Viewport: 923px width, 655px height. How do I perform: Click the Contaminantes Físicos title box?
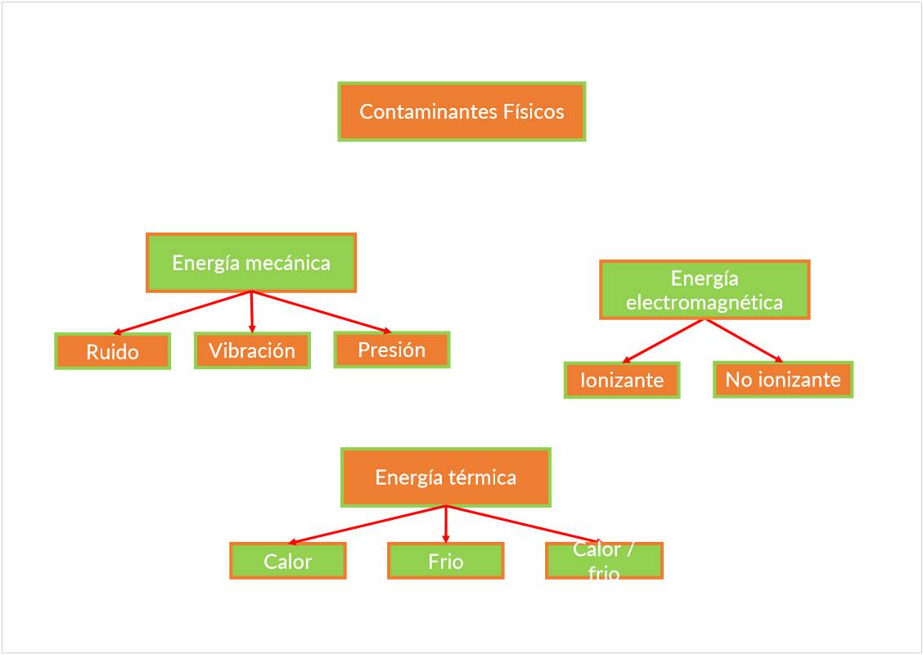[461, 111]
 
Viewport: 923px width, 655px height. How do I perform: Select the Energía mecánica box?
[251, 263]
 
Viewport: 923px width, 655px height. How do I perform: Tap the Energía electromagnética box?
[705, 290]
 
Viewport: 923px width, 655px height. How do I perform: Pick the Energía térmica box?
[446, 477]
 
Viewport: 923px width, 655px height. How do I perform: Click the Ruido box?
[112, 351]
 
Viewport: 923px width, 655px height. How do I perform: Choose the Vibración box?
[252, 350]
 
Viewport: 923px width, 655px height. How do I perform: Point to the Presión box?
[392, 350]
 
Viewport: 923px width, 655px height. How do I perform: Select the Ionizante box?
[622, 380]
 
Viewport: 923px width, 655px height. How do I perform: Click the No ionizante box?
[783, 379]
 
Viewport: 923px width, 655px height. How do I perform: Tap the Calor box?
[288, 561]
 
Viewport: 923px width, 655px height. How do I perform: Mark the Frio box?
[446, 561]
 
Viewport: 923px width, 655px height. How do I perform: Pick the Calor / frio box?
[604, 561]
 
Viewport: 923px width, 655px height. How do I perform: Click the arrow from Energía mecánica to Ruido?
[182, 312]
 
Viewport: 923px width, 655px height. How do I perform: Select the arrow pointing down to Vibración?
[252, 312]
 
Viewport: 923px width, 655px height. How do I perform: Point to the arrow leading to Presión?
[322, 311]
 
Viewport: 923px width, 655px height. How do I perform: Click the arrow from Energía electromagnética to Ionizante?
[664, 341]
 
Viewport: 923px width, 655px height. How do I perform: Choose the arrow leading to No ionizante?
[744, 340]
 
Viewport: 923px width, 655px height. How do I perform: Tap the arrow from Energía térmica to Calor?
[367, 524]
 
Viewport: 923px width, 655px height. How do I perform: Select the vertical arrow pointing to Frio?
[446, 524]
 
